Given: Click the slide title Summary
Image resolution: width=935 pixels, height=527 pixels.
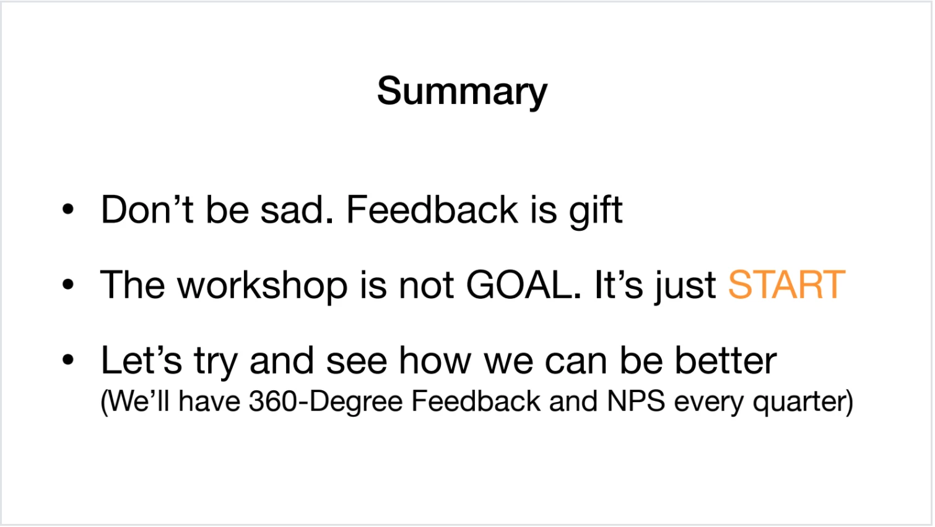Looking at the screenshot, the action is [x=462, y=92].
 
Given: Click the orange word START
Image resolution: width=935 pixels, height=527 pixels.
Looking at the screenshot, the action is [x=787, y=285].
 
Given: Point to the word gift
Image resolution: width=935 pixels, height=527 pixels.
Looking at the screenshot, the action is [x=596, y=212].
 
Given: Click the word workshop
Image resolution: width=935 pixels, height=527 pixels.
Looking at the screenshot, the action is [x=262, y=286].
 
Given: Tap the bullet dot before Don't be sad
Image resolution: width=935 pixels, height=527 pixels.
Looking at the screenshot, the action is [x=67, y=209].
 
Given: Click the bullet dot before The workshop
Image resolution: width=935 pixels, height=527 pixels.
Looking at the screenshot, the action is [x=67, y=285].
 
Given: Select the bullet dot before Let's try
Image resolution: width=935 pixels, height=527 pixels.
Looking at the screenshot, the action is [x=67, y=359].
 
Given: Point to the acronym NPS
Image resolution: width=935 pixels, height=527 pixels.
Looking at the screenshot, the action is [x=636, y=401].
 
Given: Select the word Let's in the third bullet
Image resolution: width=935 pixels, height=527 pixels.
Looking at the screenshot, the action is [x=142, y=360].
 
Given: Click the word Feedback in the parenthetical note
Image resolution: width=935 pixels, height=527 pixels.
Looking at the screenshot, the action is [x=476, y=401].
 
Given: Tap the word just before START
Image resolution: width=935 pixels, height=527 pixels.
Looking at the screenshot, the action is [x=685, y=287].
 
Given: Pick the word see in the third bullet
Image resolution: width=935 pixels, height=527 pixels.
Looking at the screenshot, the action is [x=357, y=362].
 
